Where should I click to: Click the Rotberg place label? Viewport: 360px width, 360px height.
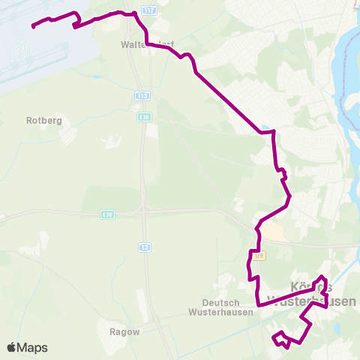[43, 120]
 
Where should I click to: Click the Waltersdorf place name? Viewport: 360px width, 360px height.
[147, 45]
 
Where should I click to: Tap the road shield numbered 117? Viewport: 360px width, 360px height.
[149, 11]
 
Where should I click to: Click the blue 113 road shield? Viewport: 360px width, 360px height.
[142, 96]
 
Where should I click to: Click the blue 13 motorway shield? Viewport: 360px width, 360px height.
[142, 247]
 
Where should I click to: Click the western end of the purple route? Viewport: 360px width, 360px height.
[33, 26]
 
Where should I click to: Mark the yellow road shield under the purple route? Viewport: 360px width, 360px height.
[259, 256]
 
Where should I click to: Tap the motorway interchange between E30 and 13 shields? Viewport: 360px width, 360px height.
[142, 212]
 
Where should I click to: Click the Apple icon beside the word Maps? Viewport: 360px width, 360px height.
[11, 347]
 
